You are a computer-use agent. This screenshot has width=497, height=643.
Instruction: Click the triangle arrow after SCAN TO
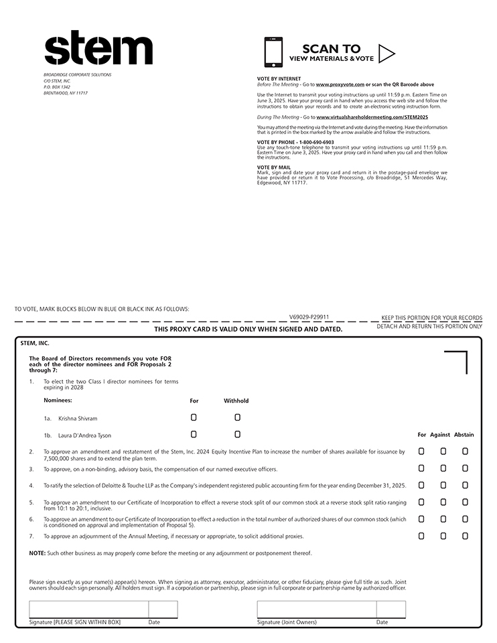(x=386, y=53)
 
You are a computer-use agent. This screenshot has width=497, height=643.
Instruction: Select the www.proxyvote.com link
(x=340, y=85)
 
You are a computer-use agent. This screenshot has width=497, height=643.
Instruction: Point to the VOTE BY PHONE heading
(x=295, y=142)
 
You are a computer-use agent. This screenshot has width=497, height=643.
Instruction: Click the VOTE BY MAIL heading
(x=274, y=167)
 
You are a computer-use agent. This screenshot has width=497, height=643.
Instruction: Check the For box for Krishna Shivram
(x=194, y=417)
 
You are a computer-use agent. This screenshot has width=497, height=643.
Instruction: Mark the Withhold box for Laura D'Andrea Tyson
(x=238, y=434)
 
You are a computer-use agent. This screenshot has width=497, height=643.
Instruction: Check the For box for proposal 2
(x=421, y=451)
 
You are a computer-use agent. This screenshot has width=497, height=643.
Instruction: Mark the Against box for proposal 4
(x=443, y=485)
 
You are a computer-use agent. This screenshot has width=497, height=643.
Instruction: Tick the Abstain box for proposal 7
(x=465, y=536)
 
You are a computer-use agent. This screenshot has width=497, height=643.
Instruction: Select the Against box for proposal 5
(x=443, y=502)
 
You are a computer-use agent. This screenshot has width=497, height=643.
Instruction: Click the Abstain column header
(x=464, y=435)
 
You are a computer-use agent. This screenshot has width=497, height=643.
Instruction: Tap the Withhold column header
(x=236, y=401)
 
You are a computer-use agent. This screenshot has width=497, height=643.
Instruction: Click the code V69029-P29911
(x=309, y=316)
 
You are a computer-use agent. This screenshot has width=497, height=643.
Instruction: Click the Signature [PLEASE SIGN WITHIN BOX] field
(x=88, y=609)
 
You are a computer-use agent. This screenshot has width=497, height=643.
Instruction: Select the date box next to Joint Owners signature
(x=390, y=609)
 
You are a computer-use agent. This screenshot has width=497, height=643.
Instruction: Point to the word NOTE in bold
(x=37, y=553)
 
